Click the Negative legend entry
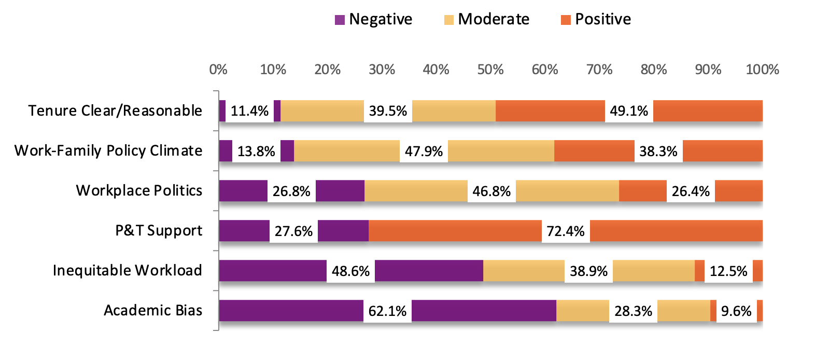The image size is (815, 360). click(373, 19)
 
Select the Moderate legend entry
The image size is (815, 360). click(486, 19)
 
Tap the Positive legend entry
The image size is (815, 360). click(596, 19)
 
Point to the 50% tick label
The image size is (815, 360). click(490, 70)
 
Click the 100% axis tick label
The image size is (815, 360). click(762, 70)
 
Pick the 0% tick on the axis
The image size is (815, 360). click(218, 70)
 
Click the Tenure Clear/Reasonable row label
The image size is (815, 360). click(115, 110)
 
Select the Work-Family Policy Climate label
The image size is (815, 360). click(108, 151)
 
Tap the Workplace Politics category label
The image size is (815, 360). click(139, 190)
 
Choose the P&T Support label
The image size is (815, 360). click(159, 231)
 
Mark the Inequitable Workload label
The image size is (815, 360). click(128, 270)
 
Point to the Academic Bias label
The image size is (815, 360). click(153, 311)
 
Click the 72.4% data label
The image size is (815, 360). click(566, 231)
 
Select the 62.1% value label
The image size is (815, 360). click(387, 311)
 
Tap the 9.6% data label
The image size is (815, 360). click(736, 311)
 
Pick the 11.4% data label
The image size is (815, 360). click(249, 111)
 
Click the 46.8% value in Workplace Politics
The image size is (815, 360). click(491, 191)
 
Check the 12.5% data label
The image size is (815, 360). click(728, 271)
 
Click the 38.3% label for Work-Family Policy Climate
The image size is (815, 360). click(658, 151)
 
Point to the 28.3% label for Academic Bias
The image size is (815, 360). click(633, 311)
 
